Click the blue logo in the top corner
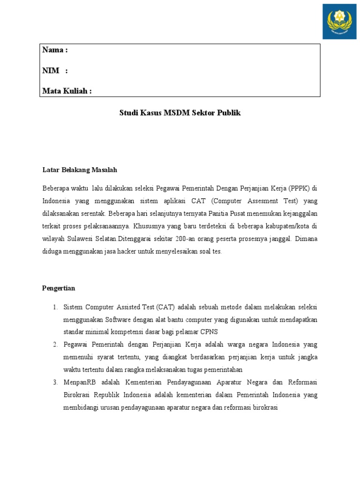pos(339,22)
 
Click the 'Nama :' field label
pos(55,50)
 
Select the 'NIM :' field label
pos(55,70)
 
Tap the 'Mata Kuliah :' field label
pos(67,91)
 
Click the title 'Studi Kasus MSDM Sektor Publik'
pos(180,113)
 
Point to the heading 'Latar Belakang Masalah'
pos(80,170)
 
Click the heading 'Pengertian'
pos(59,288)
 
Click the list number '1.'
pos(55,307)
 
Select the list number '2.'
pos(55,345)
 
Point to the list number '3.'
pos(55,382)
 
